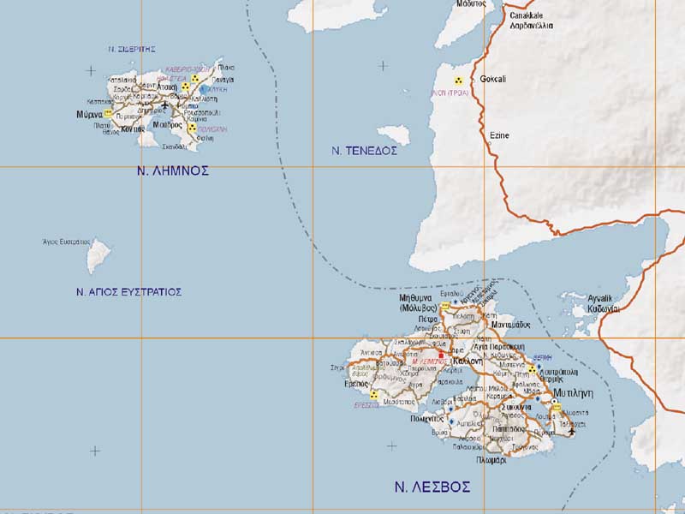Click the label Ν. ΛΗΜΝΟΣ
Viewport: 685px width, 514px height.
pos(173,171)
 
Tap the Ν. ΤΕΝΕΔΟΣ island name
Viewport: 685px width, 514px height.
pos(365,151)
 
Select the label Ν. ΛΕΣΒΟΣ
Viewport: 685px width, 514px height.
pos(432,487)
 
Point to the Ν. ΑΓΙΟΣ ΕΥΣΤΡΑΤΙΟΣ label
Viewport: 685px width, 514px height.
pos(128,292)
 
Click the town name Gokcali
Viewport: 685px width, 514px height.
pos(492,79)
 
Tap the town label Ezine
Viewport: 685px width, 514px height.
pos(498,135)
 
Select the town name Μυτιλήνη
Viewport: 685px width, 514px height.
pos(574,392)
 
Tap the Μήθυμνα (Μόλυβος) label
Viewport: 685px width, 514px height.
pos(418,302)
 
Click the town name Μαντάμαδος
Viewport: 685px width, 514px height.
pos(512,325)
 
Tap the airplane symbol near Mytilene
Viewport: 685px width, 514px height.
pos(572,431)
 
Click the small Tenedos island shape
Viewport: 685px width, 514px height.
pos(393,135)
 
